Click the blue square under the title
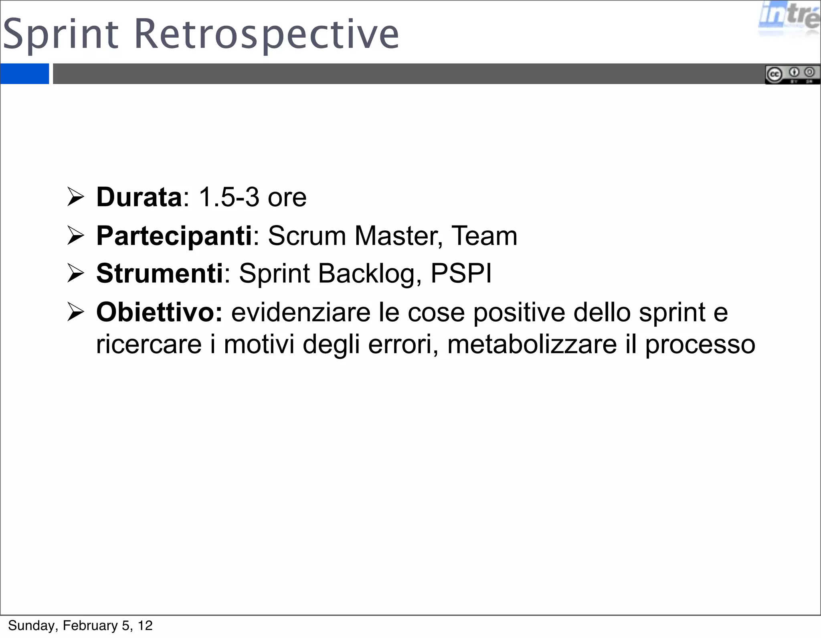[24, 74]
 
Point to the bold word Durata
[139, 197]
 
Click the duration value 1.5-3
[229, 197]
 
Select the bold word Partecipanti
[174, 236]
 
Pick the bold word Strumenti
[160, 273]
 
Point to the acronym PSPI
[461, 273]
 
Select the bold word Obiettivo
[159, 312]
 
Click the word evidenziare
[301, 312]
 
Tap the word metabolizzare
[532, 344]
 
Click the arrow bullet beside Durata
[75, 197]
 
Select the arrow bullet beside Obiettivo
[75, 312]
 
